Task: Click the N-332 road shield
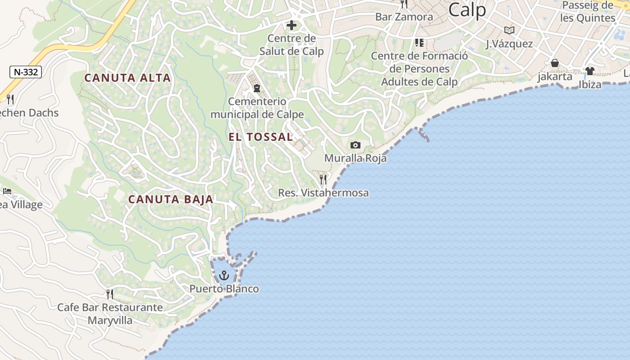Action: [26, 72]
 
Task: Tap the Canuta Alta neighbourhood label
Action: [128, 78]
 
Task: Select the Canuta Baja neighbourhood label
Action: [171, 199]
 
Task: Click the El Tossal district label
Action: [261, 137]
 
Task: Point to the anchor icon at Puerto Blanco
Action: [224, 275]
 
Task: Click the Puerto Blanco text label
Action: [224, 289]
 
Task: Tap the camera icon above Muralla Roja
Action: [355, 145]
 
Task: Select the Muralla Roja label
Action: [355, 158]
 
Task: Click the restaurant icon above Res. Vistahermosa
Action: [323, 180]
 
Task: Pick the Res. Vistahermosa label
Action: [323, 193]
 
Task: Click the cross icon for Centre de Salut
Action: [292, 25]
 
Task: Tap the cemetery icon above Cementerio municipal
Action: [257, 88]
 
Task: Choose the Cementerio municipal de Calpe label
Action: [257, 108]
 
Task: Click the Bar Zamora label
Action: [404, 17]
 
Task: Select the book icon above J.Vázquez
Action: [509, 30]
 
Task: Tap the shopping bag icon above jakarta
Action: [555, 63]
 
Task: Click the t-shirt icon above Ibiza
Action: [589, 71]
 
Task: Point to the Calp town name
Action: [467, 9]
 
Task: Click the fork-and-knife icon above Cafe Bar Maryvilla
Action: [110, 294]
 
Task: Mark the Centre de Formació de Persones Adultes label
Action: [419, 69]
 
